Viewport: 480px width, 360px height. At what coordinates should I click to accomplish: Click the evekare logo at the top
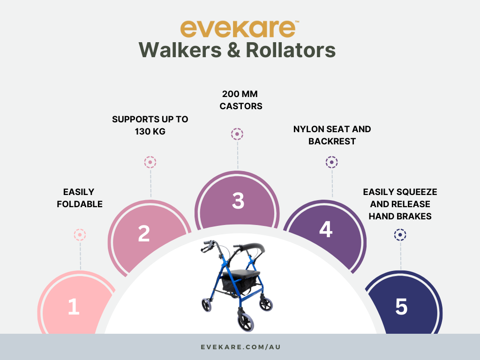[240, 29]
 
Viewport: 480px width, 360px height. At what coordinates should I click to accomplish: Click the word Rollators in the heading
[291, 50]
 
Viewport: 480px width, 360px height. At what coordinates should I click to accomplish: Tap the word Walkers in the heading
[180, 50]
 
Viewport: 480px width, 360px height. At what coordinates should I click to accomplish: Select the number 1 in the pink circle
[74, 307]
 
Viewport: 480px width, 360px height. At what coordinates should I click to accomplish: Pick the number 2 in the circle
[144, 233]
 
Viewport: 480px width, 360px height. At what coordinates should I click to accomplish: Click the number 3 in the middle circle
[238, 201]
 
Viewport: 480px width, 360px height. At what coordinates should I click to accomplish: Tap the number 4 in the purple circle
[326, 229]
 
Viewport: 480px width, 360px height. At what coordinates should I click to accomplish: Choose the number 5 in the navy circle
[401, 307]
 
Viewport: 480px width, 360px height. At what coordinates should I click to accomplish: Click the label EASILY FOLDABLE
[80, 198]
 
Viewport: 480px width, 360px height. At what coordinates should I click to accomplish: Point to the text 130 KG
[150, 131]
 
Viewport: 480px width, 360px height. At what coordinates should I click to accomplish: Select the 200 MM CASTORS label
[240, 100]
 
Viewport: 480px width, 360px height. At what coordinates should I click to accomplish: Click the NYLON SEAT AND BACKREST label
[332, 135]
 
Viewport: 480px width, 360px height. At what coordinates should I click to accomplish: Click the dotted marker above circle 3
[237, 134]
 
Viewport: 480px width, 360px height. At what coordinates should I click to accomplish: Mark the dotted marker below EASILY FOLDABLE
[80, 235]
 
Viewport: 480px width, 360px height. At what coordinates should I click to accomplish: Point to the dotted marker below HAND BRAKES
[400, 235]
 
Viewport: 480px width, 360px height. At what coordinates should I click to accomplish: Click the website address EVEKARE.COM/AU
[240, 347]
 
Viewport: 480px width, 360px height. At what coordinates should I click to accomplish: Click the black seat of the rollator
[240, 273]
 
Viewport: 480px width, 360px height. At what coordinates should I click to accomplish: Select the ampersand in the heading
[234, 50]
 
